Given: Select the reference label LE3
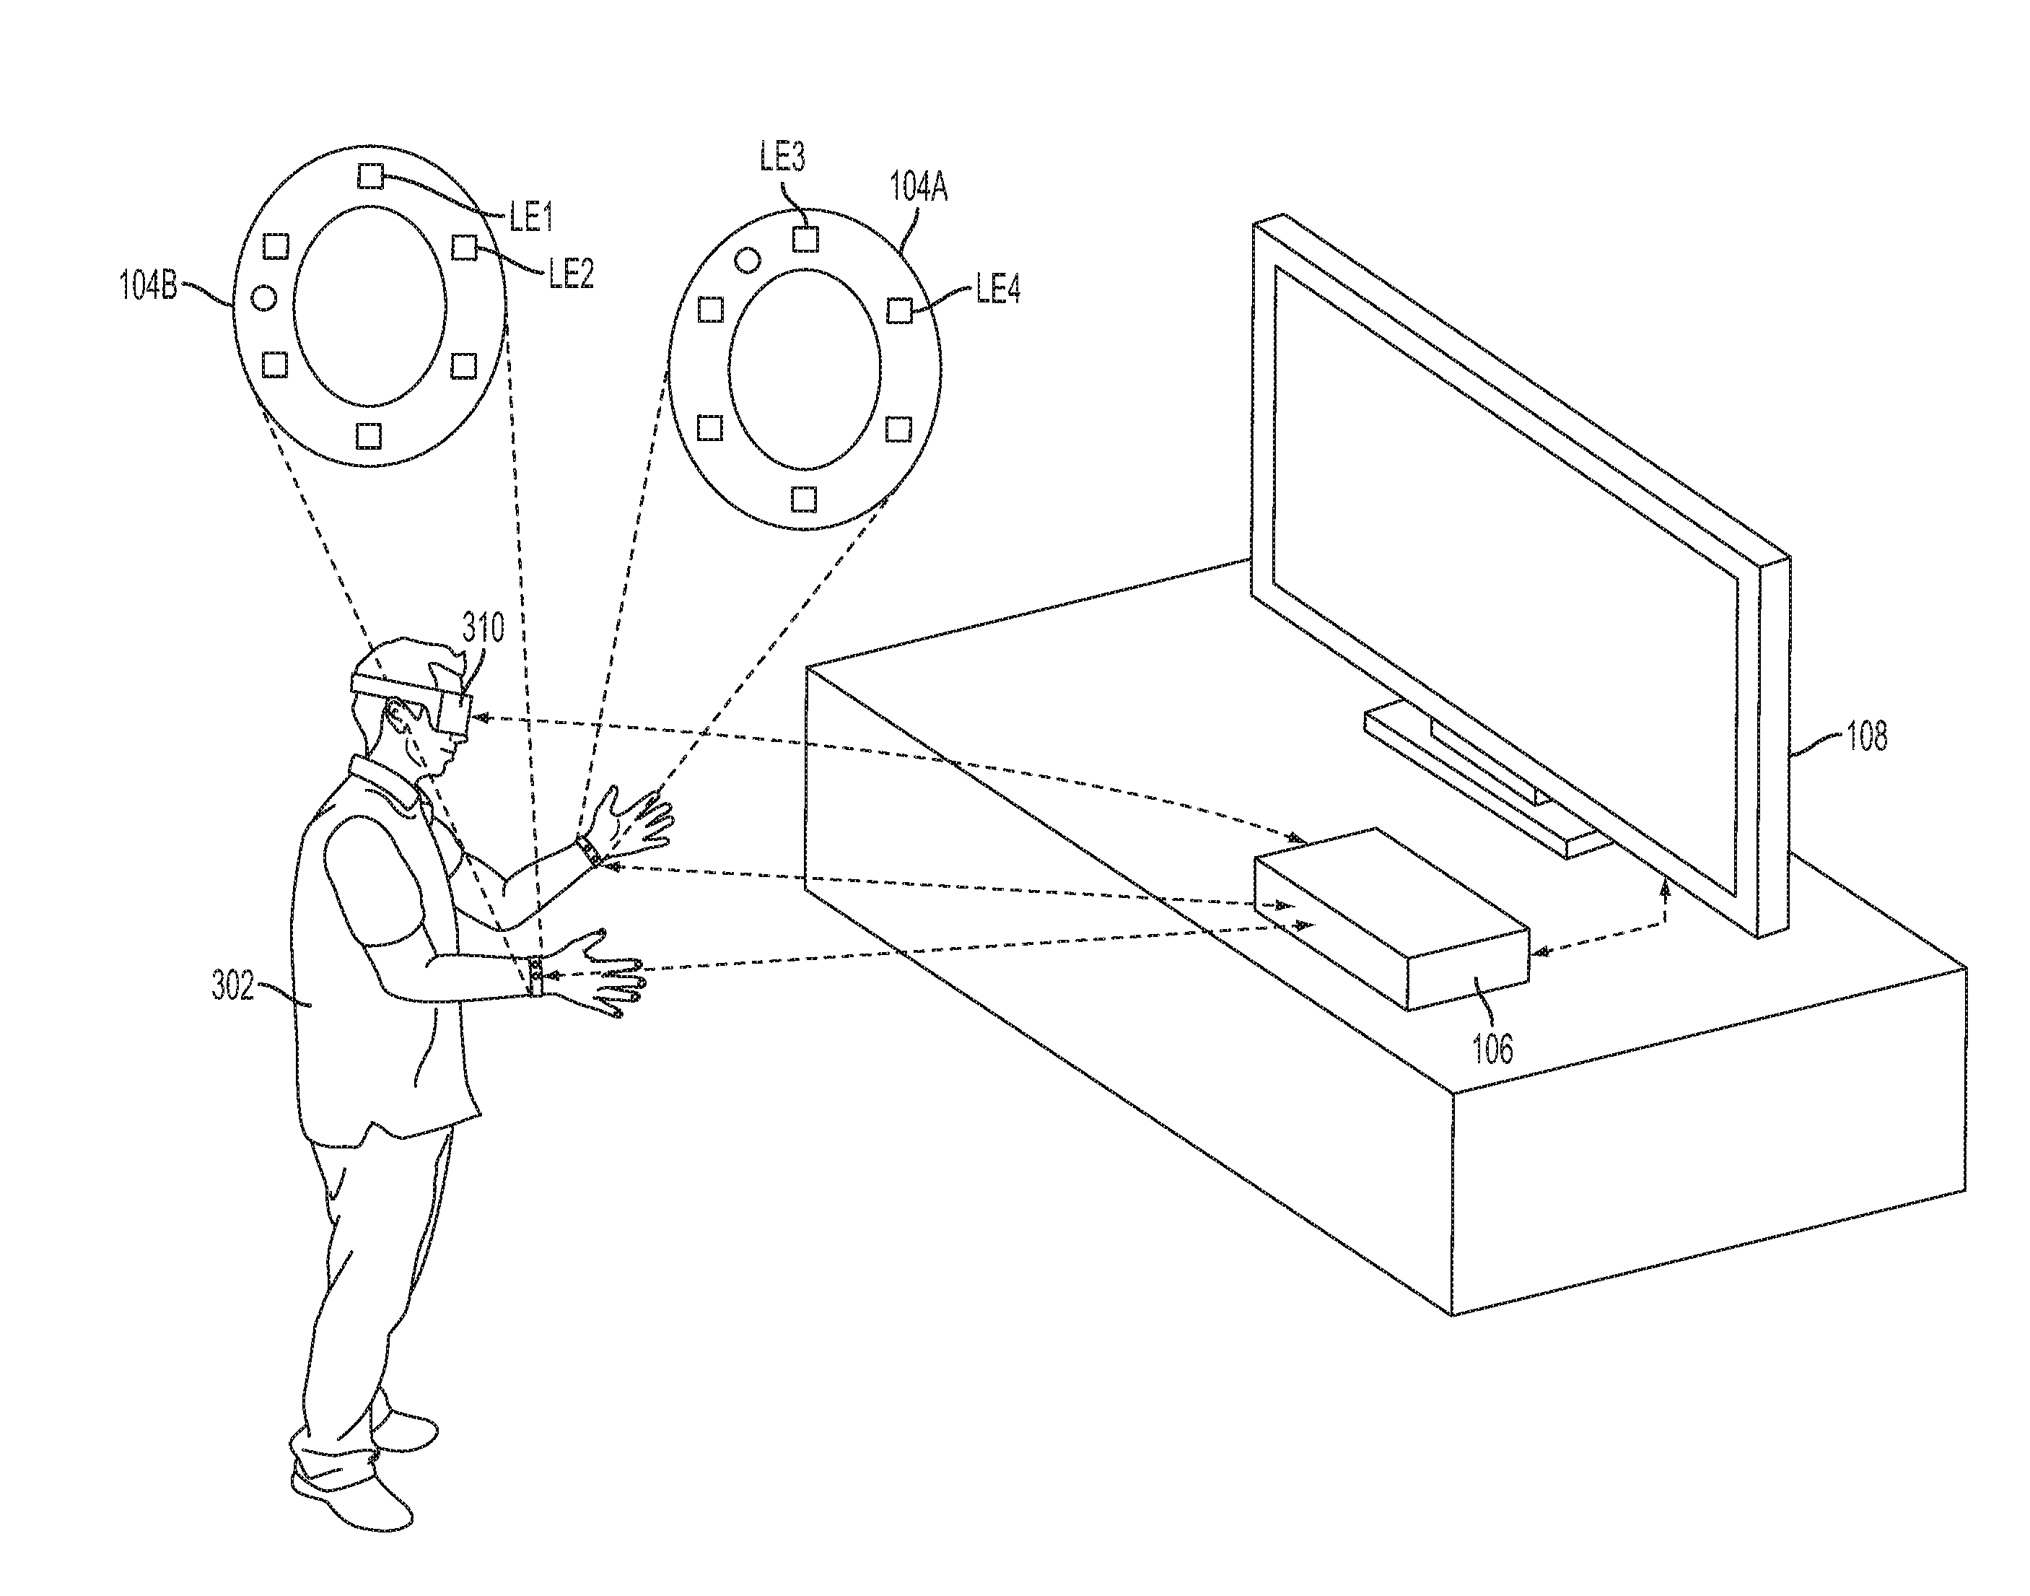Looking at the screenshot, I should point(782,157).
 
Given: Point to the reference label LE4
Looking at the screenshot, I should point(998,289).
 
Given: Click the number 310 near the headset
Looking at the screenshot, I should point(483,628).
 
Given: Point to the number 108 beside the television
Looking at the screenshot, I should point(1866,737).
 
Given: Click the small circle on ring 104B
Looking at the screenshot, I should point(264,298).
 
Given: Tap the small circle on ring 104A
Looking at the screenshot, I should point(748,260).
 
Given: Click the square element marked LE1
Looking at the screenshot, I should point(371,175).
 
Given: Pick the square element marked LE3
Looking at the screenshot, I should point(805,239).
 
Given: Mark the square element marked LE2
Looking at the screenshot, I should point(464,248).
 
